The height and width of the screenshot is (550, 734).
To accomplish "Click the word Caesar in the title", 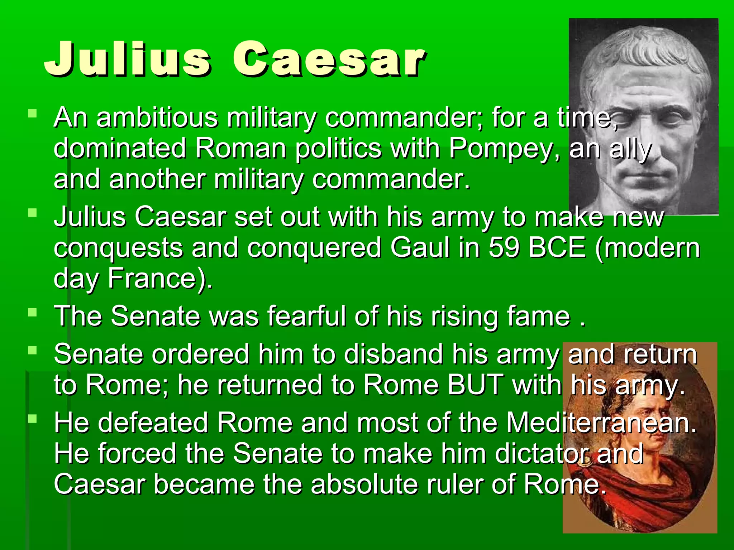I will pyautogui.click(x=329, y=59).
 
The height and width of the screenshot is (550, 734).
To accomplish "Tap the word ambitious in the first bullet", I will pyautogui.click(x=157, y=118).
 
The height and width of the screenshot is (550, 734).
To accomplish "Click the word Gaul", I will pyautogui.click(x=420, y=248).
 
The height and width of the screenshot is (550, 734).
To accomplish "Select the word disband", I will pyautogui.click(x=393, y=354).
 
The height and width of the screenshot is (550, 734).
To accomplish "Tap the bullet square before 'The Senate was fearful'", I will pyautogui.click(x=33, y=312).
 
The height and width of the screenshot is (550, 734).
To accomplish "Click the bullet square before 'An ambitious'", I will pyautogui.click(x=33, y=114).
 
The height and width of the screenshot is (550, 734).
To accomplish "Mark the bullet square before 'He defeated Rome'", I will pyautogui.click(x=33, y=419).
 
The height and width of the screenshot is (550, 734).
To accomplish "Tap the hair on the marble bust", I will pyautogui.click(x=642, y=54).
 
